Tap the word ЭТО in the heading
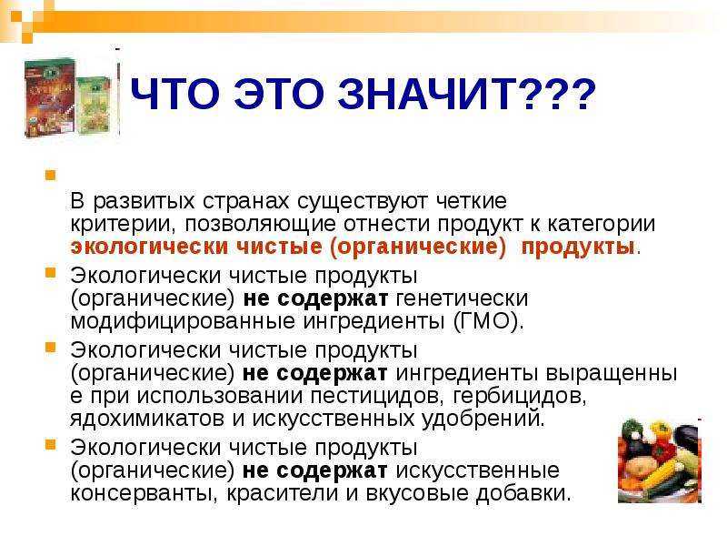pyautogui.click(x=278, y=95)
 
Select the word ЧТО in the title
pyautogui.click(x=174, y=95)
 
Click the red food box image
pyautogui.click(x=50, y=97)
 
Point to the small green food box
pyautogui.click(x=94, y=106)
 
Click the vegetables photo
pyautogui.click(x=660, y=460)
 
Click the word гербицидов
pyautogui.click(x=520, y=396)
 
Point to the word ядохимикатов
pyautogui.click(x=148, y=419)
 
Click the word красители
pyautogui.click(x=283, y=492)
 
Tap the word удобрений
pyautogui.click(x=483, y=419)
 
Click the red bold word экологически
pyautogui.click(x=149, y=246)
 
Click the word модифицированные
pyautogui.click(x=183, y=321)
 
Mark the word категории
pyautogui.click(x=601, y=224)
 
